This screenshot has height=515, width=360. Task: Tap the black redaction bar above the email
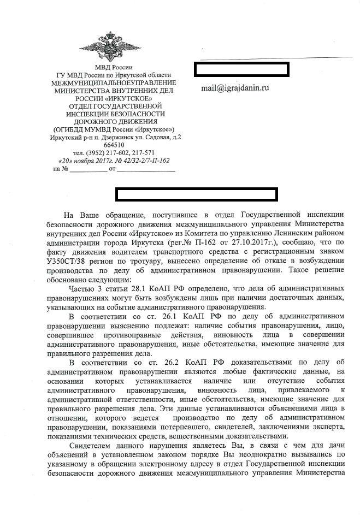[241, 69]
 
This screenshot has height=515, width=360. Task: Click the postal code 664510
[114, 145]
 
